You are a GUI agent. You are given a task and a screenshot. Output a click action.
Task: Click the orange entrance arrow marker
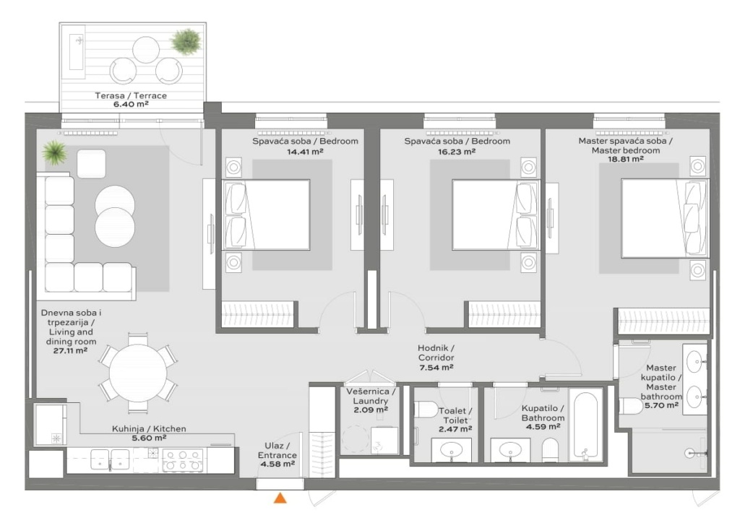280,498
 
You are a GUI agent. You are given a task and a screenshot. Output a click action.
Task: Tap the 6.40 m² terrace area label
131,104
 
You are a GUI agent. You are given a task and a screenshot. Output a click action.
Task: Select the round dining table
138,372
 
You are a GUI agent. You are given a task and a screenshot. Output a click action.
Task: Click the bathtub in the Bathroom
585,424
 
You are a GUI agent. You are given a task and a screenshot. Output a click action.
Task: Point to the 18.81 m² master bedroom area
626,159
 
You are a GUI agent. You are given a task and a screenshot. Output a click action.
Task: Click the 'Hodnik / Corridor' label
436,352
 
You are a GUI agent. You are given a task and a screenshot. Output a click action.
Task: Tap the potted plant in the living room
54,152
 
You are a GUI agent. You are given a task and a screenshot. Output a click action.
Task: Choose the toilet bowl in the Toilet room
425,409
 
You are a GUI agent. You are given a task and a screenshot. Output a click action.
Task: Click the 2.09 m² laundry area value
371,410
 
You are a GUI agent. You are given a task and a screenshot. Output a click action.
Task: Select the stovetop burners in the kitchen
182,460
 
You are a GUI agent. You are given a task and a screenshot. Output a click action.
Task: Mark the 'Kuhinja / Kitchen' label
149,428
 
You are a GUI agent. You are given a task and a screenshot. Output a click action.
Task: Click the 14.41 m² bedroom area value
305,152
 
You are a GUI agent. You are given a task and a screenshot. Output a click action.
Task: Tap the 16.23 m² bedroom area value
457,152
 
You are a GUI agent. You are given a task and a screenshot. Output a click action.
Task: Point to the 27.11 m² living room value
70,351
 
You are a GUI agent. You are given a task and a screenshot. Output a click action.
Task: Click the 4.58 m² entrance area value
277,464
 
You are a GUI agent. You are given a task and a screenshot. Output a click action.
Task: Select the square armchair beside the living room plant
91,164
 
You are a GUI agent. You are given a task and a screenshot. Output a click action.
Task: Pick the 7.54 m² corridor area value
436,367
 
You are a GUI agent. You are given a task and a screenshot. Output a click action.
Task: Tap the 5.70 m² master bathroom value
661,404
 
